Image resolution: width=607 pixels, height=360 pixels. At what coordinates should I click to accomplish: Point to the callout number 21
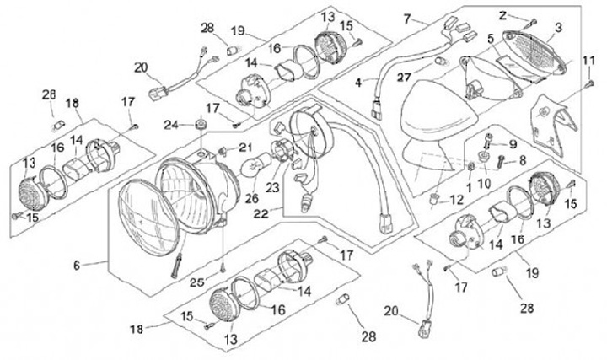point(244,148)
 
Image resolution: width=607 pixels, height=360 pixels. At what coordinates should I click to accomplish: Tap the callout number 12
point(456,200)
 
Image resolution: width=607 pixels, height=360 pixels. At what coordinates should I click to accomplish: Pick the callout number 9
point(513,144)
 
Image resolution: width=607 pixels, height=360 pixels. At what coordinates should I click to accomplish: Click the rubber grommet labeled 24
point(201,126)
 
